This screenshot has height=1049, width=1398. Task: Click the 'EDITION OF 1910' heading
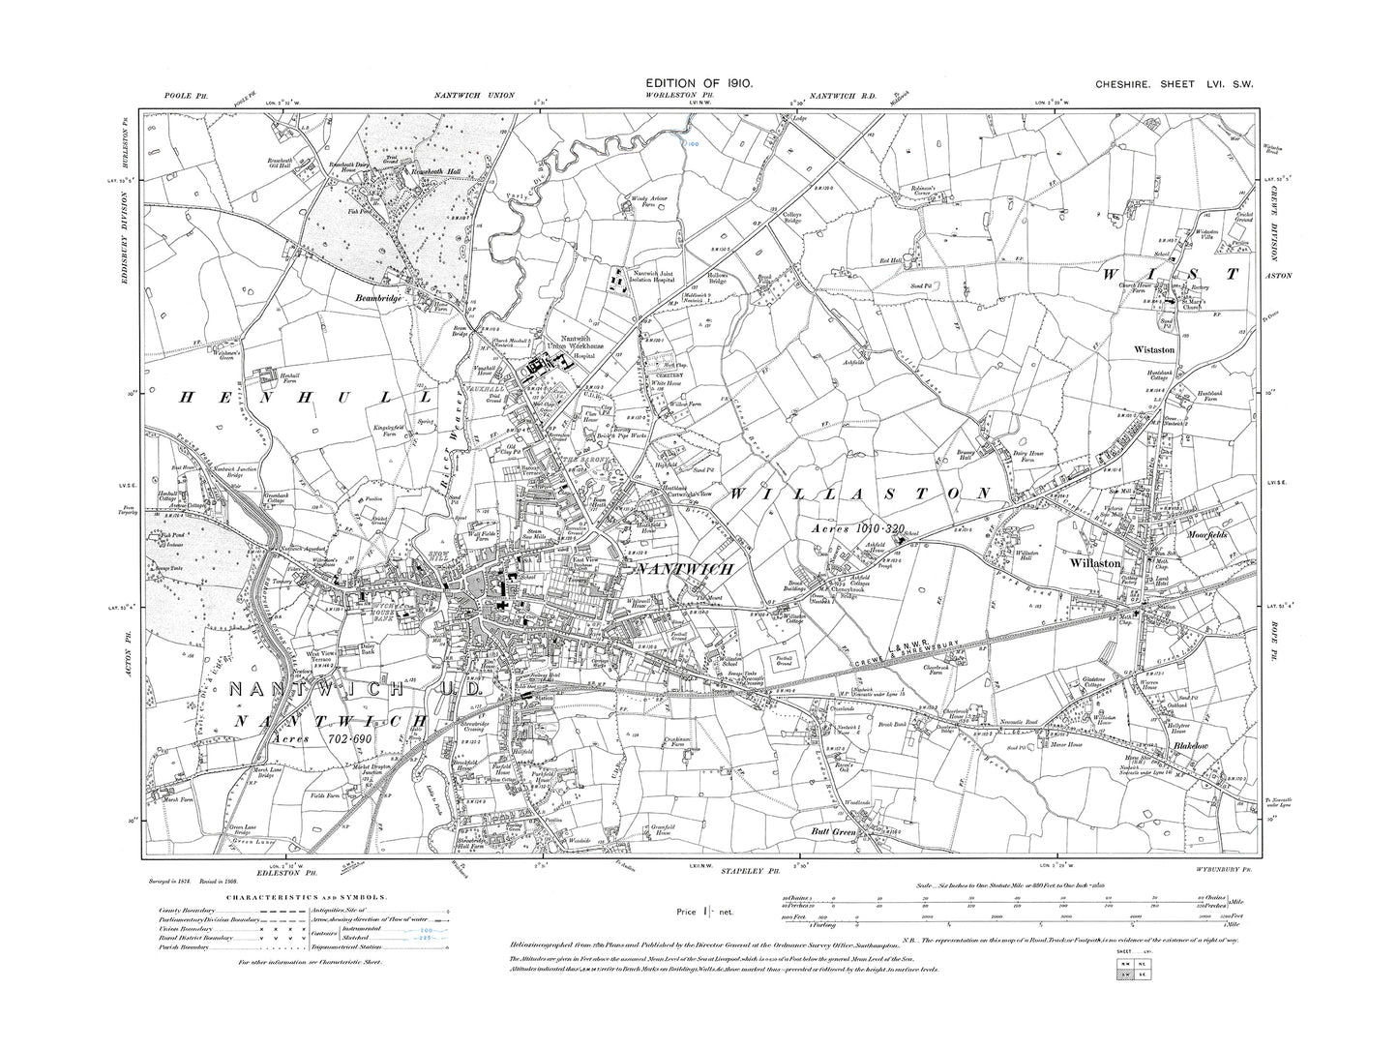click(x=699, y=85)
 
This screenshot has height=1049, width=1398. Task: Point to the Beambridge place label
click(x=378, y=299)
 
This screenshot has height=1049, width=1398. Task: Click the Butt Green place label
click(x=835, y=830)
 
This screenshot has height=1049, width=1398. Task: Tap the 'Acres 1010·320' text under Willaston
click(x=848, y=528)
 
